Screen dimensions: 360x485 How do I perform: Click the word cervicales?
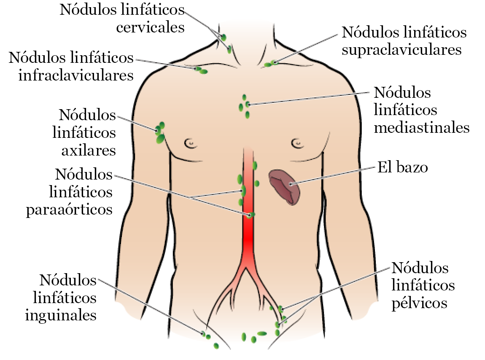[150, 27]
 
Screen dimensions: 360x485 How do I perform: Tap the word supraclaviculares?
[401, 50]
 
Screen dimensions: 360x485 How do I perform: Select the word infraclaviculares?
[76, 75]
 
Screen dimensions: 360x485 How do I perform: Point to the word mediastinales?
[422, 127]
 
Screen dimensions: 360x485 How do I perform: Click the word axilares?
[89, 150]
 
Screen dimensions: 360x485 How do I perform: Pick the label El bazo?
[402, 168]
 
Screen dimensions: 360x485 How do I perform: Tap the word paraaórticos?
[70, 210]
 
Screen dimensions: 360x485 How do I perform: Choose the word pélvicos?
[419, 303]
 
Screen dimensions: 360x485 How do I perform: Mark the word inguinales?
[61, 315]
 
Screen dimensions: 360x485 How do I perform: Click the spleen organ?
[285, 186]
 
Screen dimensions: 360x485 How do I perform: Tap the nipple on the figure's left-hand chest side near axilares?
[190, 142]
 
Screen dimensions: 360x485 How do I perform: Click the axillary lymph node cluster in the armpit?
[160, 132]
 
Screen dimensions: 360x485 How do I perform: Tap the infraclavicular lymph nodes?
[201, 70]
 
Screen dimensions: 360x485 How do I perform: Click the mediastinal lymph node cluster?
[245, 106]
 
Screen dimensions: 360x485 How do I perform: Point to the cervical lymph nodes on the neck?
[226, 43]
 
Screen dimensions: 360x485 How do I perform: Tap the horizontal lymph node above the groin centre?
[262, 333]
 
